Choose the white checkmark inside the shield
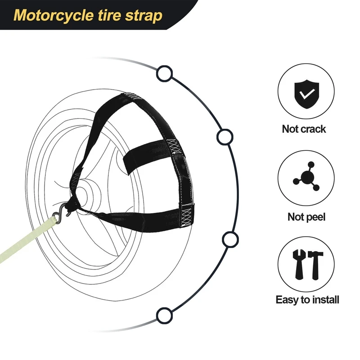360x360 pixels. (307, 93)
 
